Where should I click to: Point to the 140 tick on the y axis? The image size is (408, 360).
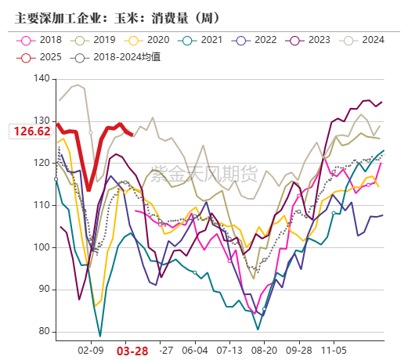coord(42,80)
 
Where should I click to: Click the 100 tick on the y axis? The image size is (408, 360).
coord(42,248)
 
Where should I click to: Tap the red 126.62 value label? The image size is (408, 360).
coord(31,131)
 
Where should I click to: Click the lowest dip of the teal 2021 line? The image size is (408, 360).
coord(100,336)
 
